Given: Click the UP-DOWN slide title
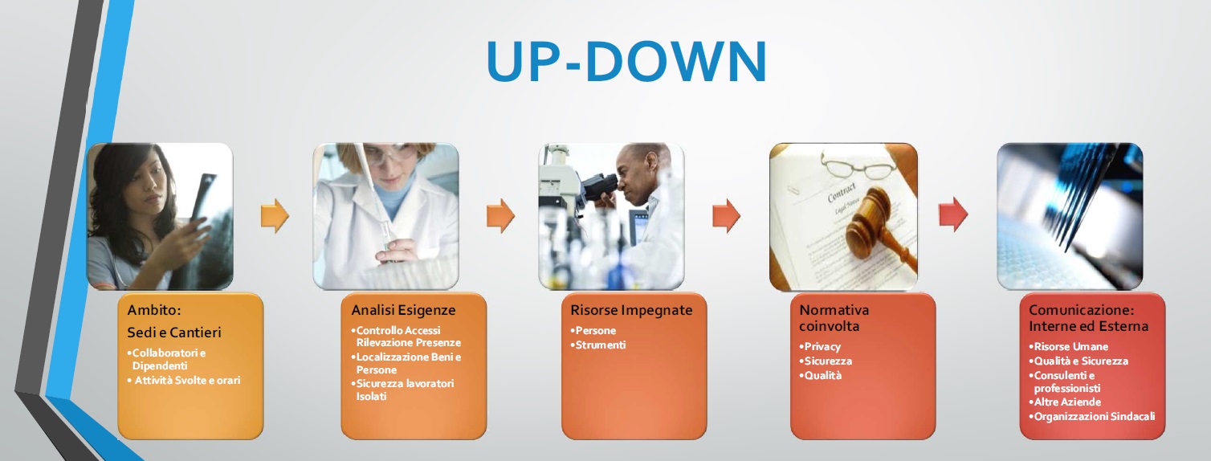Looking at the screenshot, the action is tap(626, 60).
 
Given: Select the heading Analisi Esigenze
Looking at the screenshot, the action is tap(403, 310).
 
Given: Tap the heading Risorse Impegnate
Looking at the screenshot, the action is tap(631, 310).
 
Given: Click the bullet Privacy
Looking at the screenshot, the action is tap(820, 346).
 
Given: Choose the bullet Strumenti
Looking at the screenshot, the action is tap(598, 345).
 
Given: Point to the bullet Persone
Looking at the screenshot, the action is tap(593, 330).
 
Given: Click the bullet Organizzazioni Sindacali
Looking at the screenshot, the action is tap(1091, 416).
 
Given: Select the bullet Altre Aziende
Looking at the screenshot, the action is tap(1065, 402).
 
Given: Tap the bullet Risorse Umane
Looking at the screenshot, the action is tap(1068, 346).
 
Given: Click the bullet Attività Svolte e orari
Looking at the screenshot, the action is tap(184, 381).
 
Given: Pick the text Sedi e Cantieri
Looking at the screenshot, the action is tap(174, 332).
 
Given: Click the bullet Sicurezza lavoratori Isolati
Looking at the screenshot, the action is tap(403, 390).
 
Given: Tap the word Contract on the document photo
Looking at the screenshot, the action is tap(842, 192).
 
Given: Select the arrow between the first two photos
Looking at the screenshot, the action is tap(275, 215).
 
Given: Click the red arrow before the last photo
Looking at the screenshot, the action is tap(953, 214).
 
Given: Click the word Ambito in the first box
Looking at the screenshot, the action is tap(154, 310).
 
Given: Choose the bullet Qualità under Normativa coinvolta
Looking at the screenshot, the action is tap(820, 376).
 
